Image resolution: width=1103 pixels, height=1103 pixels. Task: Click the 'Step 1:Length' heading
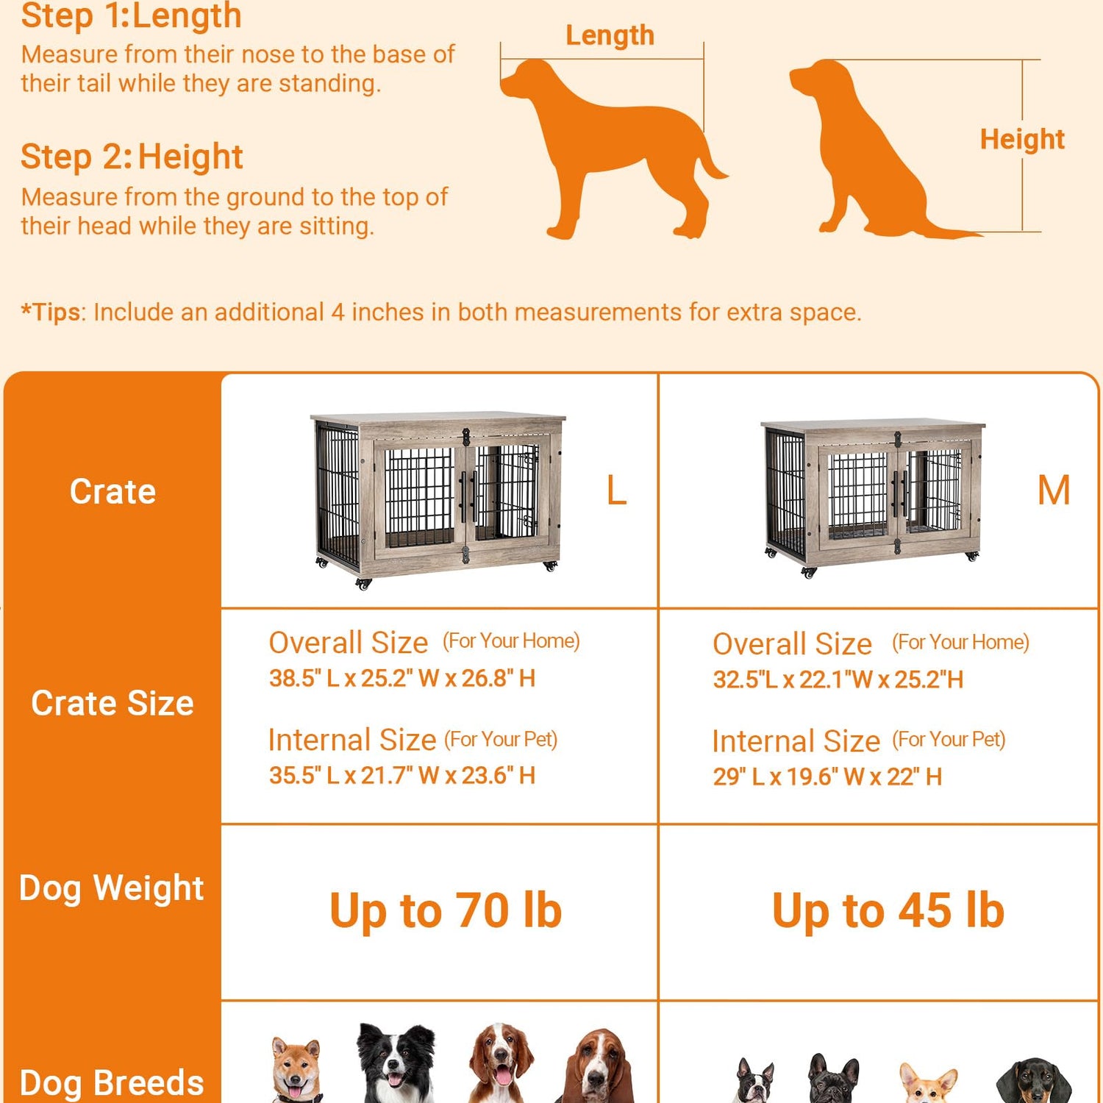pyautogui.click(x=131, y=16)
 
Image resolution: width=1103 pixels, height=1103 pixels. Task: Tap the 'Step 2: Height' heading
pyautogui.click(x=132, y=157)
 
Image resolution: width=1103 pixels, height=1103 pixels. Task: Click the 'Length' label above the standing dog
pyautogui.click(x=610, y=35)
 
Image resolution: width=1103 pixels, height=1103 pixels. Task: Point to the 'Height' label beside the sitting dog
pyautogui.click(x=1022, y=139)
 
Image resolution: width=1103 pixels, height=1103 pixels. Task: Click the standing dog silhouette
pyautogui.click(x=610, y=140)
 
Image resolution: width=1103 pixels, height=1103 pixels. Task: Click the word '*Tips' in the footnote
pyautogui.click(x=50, y=312)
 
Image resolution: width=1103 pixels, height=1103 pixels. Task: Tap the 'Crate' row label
pyautogui.click(x=113, y=491)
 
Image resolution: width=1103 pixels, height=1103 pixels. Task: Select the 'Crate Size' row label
pyautogui.click(x=113, y=703)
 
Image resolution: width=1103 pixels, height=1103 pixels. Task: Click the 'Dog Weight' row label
pyautogui.click(x=112, y=888)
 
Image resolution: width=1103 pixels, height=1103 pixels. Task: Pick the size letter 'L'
pyautogui.click(x=616, y=490)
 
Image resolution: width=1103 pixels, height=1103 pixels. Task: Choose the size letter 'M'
pyautogui.click(x=1054, y=490)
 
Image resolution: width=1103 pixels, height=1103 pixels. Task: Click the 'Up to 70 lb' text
pyautogui.click(x=446, y=911)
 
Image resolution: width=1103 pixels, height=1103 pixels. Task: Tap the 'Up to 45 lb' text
pyautogui.click(x=888, y=911)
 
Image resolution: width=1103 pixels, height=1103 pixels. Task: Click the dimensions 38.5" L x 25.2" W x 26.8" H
pyautogui.click(x=402, y=678)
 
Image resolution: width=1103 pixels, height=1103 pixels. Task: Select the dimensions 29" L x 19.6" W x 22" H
pyautogui.click(x=827, y=777)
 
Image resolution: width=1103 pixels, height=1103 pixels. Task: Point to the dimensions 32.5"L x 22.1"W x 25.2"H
pyautogui.click(x=838, y=679)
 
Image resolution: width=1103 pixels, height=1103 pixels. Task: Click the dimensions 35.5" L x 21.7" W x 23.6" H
pyautogui.click(x=402, y=775)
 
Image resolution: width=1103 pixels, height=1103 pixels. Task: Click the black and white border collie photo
pyautogui.click(x=395, y=1062)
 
